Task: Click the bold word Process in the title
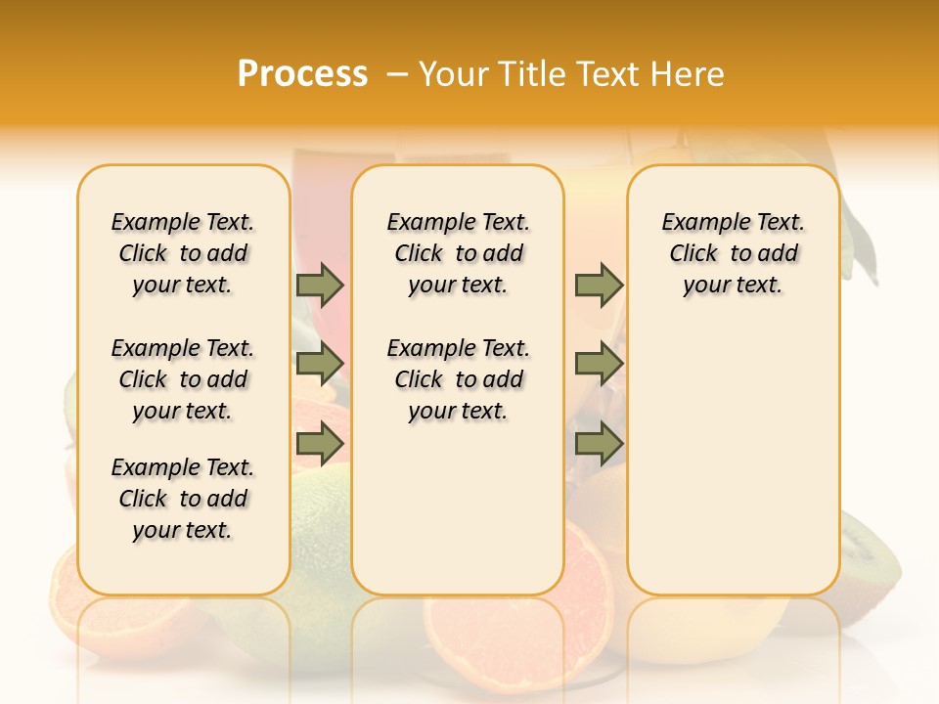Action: coord(302,73)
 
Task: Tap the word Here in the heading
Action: coord(689,74)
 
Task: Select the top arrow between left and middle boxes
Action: coord(320,286)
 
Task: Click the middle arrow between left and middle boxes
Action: coord(320,364)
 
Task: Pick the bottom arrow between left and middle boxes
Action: coord(320,444)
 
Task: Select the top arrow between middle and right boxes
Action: coord(599,286)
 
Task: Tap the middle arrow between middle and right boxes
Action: coord(599,364)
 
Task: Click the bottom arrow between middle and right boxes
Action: coord(599,444)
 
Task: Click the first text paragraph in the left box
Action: coord(183,253)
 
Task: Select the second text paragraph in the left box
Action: coord(183,379)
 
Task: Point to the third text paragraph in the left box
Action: coord(183,499)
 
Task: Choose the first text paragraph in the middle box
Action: coord(458,253)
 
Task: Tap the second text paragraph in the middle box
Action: coord(458,379)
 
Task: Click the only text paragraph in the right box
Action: coord(733,253)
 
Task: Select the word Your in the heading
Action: coord(453,74)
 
